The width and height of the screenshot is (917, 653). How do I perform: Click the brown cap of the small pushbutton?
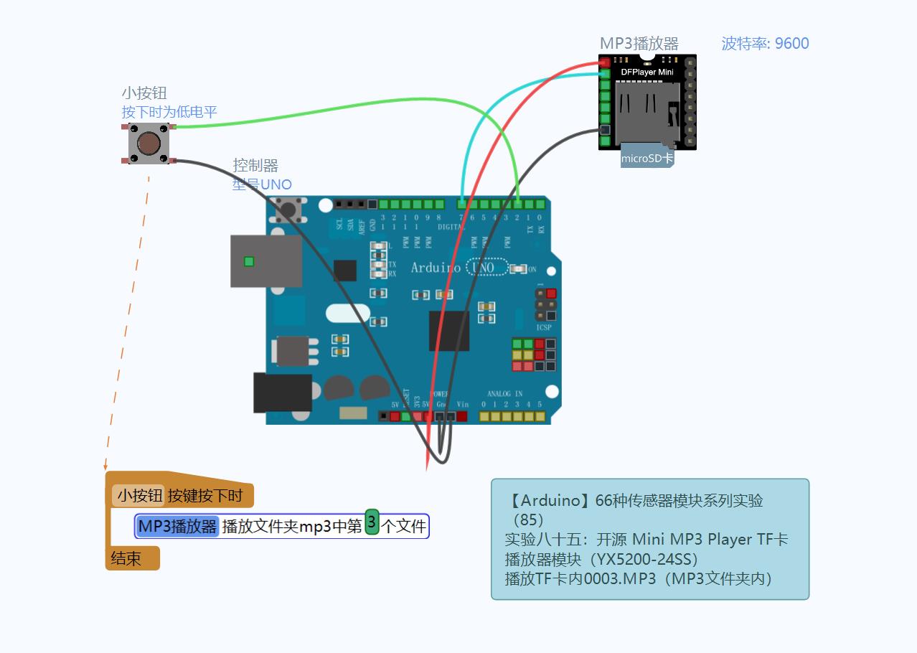coord(149,144)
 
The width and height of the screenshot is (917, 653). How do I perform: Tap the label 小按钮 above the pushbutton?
coord(144,93)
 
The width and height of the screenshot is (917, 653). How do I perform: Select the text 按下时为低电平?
coord(169,112)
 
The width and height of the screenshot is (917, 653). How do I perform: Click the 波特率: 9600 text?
coord(765,43)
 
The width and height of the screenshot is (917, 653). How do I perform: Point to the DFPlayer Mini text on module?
coord(647,72)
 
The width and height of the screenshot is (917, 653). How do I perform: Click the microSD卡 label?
coord(646,159)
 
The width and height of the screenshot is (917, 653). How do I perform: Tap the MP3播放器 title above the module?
coord(639,44)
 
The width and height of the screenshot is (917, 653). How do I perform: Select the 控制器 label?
coord(255,166)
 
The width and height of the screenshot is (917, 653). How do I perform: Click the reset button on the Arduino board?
coord(288,210)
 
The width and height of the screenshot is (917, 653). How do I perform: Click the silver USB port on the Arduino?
coord(266,261)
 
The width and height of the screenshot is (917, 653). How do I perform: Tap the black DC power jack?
coord(282,393)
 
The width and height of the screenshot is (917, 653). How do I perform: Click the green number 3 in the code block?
coord(372,522)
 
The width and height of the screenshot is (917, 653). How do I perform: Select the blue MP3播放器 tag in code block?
coord(177,526)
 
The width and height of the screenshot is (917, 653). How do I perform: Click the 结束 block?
coord(126,558)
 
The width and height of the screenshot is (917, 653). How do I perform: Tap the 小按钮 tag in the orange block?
coord(140,496)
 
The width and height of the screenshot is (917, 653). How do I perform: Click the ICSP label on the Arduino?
coord(544,327)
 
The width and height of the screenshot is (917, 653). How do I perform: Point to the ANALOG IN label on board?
coord(505,394)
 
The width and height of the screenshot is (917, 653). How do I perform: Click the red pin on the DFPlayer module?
coord(605,62)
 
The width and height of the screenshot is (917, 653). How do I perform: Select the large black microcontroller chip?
coord(449,331)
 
